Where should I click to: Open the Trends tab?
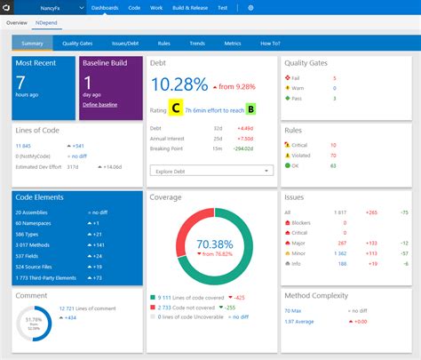(x=196, y=42)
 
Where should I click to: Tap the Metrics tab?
(x=233, y=42)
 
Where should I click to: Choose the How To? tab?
(x=269, y=42)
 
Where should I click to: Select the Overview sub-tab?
(x=18, y=22)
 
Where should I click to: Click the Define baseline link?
(x=99, y=105)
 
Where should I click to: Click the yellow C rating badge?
(x=176, y=108)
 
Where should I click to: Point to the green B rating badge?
(x=251, y=108)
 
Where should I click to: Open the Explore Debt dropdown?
(x=210, y=170)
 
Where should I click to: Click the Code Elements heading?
(x=41, y=197)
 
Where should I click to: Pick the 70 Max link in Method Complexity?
(x=293, y=310)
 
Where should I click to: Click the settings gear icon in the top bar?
(x=250, y=7)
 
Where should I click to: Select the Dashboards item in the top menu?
(x=105, y=7)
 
